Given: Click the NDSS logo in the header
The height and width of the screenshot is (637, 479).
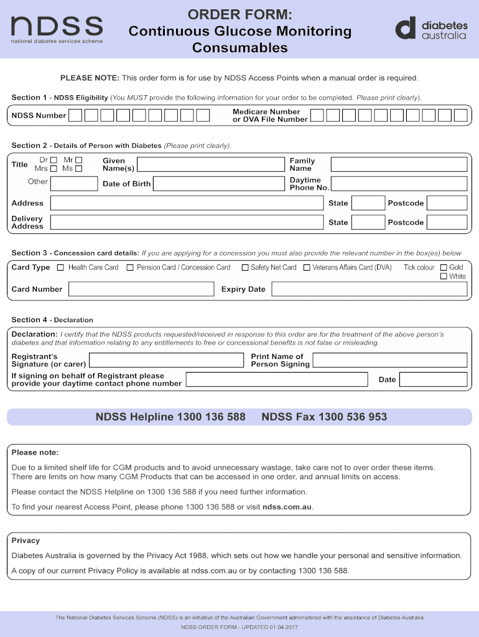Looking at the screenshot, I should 57,29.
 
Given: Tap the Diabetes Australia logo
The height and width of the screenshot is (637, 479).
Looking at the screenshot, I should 431,29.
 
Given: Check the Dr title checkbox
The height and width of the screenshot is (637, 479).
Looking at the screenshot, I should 53,160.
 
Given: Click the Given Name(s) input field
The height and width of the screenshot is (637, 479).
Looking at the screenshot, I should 210,164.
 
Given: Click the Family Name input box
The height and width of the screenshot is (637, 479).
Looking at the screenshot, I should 399,164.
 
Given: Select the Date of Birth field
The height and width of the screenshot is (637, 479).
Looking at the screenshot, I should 218,184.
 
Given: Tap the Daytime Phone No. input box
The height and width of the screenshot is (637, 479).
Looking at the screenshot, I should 399,184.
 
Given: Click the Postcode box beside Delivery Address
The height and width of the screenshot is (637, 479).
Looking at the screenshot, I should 447,222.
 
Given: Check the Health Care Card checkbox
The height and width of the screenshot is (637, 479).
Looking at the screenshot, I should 60,267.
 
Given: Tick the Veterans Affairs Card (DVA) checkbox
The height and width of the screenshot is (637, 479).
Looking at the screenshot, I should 307,267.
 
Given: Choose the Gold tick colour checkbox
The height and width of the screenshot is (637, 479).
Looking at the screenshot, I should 444,267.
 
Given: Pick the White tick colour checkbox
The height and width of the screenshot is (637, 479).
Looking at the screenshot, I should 444,276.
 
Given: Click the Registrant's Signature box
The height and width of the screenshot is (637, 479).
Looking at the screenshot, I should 166,360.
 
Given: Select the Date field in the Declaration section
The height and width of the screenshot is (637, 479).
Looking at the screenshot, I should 433,379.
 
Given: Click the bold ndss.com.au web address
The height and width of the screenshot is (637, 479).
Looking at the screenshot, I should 287,507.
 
